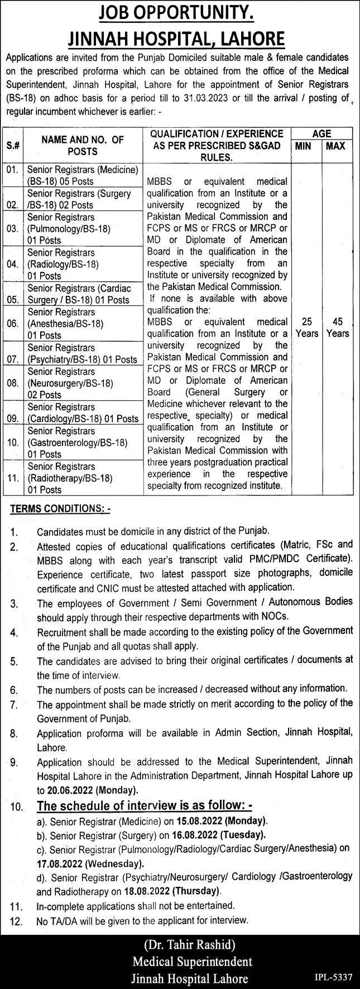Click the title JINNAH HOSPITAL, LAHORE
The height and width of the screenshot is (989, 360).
[x=180, y=38]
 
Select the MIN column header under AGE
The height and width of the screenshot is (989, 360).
[x=306, y=146]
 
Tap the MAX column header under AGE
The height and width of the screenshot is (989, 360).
[x=337, y=146]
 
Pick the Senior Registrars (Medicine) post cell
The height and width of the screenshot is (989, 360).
[x=83, y=175]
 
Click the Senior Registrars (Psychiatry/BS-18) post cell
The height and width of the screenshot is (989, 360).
[x=83, y=353]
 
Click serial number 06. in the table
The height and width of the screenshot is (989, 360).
[x=13, y=323]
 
